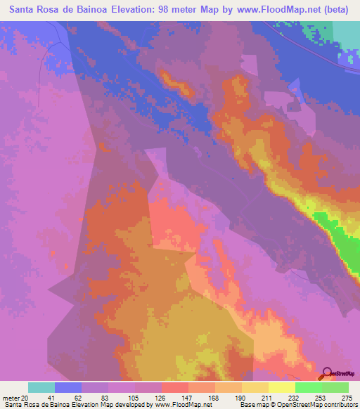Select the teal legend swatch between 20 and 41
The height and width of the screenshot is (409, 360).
[x=41, y=387]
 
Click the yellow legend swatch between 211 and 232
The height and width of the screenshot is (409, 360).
[x=282, y=387]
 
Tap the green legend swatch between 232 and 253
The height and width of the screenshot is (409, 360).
[x=309, y=387]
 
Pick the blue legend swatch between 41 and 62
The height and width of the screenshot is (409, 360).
[x=68, y=387]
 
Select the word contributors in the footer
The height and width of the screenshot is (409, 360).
[x=338, y=405]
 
